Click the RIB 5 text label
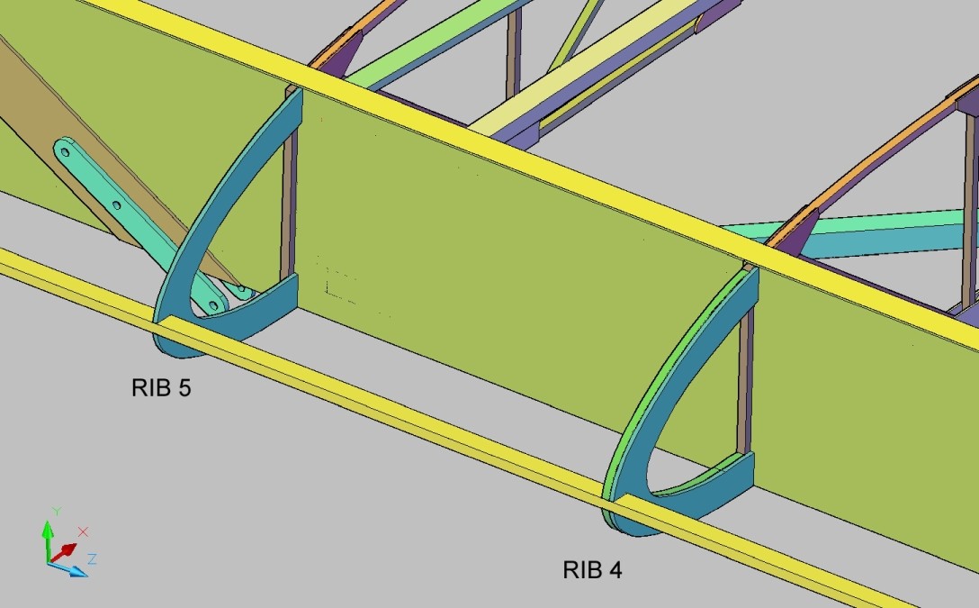[161, 388]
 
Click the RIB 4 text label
[592, 570]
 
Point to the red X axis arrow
[64, 552]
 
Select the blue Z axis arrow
[68, 568]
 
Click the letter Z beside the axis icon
[92, 558]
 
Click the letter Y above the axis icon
[57, 511]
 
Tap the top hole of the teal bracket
[65, 152]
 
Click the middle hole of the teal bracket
[116, 204]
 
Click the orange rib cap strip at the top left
[350, 34]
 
